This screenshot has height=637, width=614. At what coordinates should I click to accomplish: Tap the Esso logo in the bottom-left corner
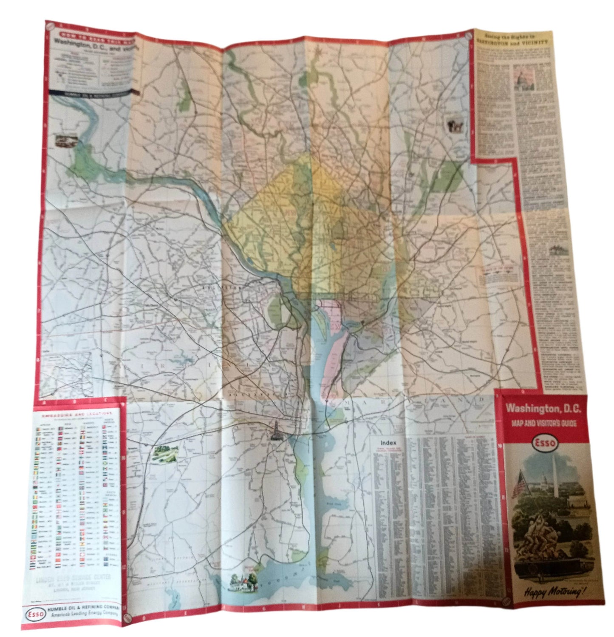click(x=34, y=614)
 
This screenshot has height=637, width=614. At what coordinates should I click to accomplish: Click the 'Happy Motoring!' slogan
click(x=549, y=591)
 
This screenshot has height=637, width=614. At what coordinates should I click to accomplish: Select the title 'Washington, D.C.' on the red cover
click(x=543, y=409)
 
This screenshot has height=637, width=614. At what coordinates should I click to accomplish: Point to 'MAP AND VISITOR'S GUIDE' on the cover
click(x=544, y=423)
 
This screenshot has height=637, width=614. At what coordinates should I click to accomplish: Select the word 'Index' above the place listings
click(x=388, y=442)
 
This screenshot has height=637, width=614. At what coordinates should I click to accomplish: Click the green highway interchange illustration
click(x=164, y=454)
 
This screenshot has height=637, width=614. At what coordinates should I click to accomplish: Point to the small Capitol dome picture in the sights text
click(x=521, y=80)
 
